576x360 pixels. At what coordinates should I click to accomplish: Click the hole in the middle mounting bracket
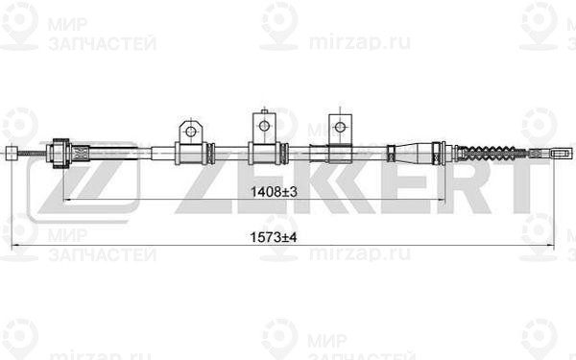(263, 122)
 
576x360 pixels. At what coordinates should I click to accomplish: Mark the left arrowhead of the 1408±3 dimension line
(66, 201)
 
